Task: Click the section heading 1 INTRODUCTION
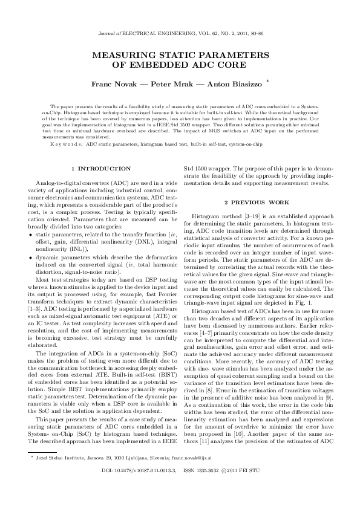[x=100, y=168]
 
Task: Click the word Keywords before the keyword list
[x=67, y=145]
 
